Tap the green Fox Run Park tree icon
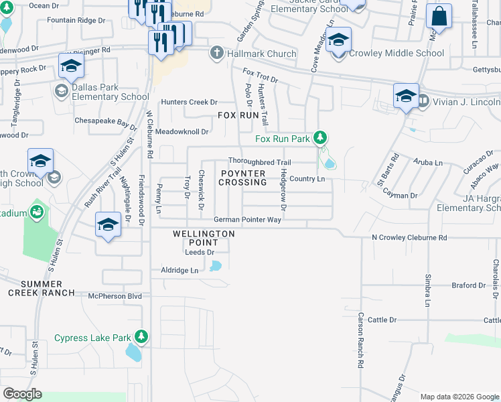click(x=321, y=138)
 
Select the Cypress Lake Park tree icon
click(x=141, y=336)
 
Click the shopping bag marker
click(x=439, y=17)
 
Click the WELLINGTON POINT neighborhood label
click(x=204, y=237)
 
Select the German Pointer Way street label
click(x=247, y=220)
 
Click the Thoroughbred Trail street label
click(x=259, y=162)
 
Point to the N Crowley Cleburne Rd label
click(x=409, y=238)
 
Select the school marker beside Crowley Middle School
click(x=338, y=40)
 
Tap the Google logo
click(x=22, y=394)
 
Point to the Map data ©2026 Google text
click(x=459, y=397)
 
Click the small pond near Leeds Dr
click(x=215, y=266)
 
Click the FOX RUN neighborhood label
click(x=238, y=115)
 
